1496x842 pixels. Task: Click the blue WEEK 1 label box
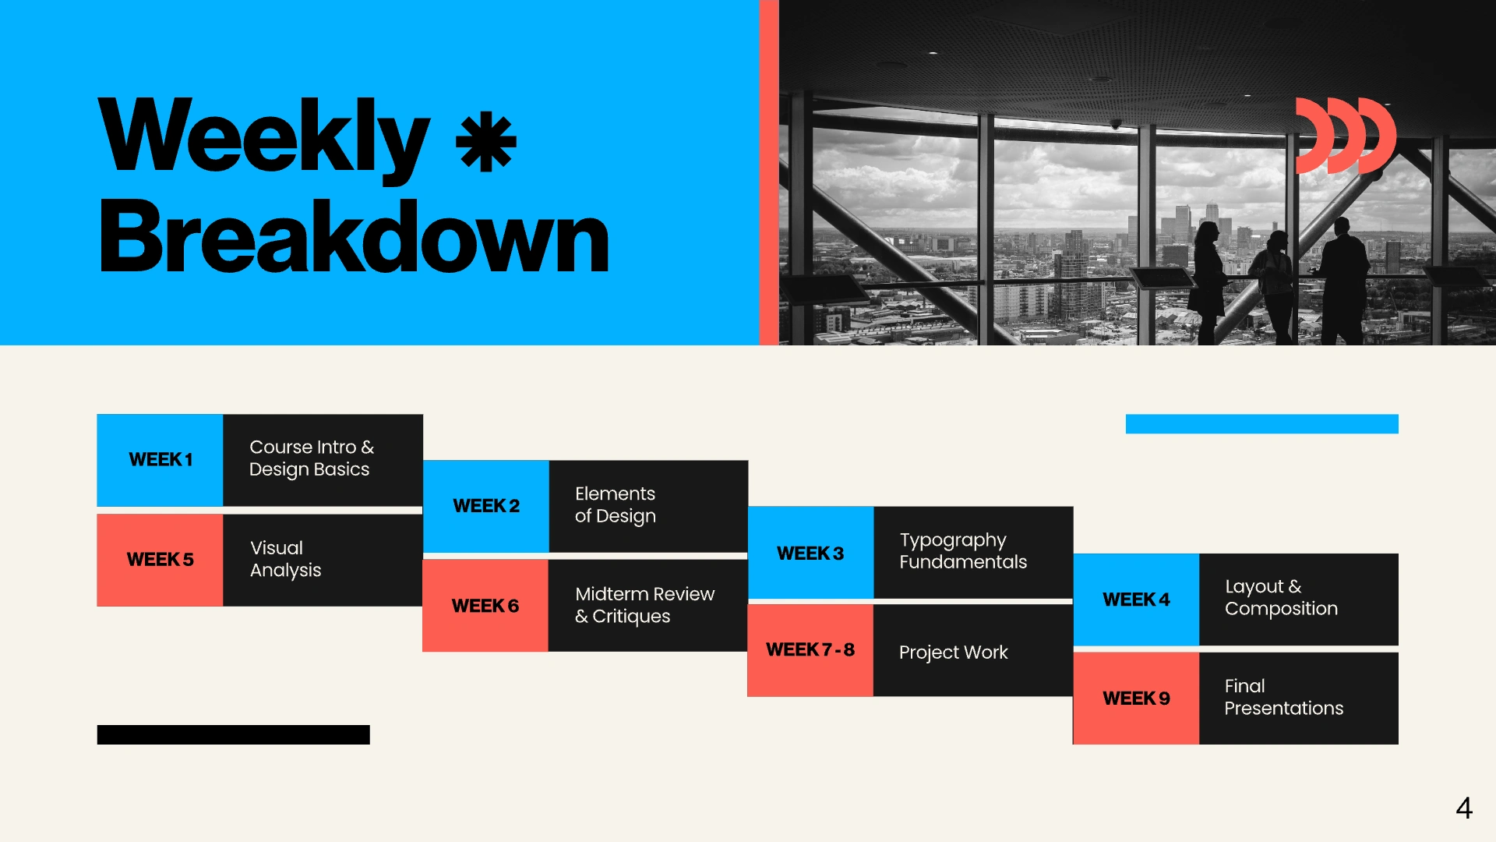coord(160,460)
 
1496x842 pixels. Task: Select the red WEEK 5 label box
coord(160,560)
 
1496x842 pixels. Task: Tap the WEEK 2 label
coord(486,506)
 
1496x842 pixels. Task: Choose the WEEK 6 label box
coord(485,606)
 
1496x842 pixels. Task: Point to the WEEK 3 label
coord(810,553)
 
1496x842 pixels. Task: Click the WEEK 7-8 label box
coord(810,650)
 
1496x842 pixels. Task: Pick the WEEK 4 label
coord(1136,600)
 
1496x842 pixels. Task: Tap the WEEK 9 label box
coord(1136,699)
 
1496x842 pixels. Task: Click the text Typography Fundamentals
coord(963,551)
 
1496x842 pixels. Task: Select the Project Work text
coord(953,653)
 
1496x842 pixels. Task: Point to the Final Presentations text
coord(1283,697)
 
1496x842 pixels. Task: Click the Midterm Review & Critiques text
coord(644,605)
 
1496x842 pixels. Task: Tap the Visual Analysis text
coord(285,559)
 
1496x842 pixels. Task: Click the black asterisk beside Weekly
coord(486,142)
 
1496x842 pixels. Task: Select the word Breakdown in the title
coord(354,237)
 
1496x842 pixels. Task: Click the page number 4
coord(1464,808)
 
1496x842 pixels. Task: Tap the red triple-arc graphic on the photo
coord(1346,136)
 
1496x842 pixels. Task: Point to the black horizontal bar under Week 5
coord(234,734)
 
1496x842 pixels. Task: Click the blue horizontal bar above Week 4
coord(1262,423)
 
